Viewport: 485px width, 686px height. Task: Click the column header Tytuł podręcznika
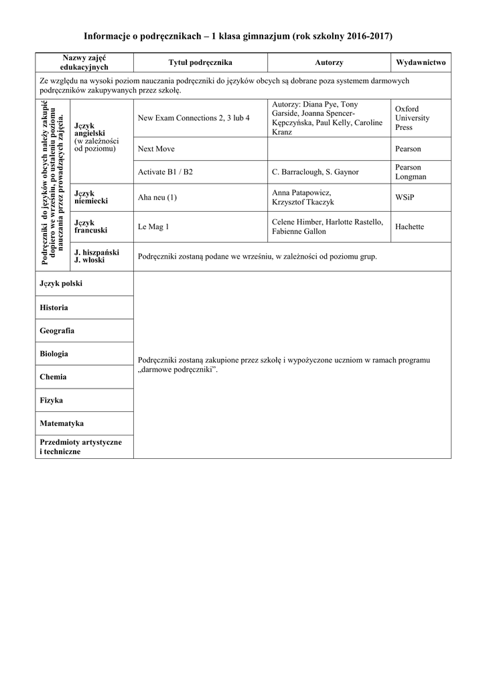tap(200, 62)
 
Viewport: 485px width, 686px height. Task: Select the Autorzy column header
tap(329, 62)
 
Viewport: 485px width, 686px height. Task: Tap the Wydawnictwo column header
tap(421, 62)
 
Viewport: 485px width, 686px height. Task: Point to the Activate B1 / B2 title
tap(165, 172)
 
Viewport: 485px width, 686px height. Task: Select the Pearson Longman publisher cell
tap(411, 172)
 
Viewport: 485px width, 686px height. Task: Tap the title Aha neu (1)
tap(157, 197)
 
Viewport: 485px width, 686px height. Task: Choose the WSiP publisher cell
tap(405, 197)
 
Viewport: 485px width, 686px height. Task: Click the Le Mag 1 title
tap(153, 226)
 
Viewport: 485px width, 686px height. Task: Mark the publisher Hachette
tap(409, 226)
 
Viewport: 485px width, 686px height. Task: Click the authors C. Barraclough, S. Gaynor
tap(316, 172)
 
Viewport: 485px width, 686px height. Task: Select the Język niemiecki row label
tap(91, 197)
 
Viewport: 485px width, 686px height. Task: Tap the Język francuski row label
tap(91, 226)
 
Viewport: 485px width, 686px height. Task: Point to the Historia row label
tap(54, 307)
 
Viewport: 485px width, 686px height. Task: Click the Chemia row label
tap(53, 377)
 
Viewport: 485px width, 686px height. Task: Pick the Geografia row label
tap(57, 331)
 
